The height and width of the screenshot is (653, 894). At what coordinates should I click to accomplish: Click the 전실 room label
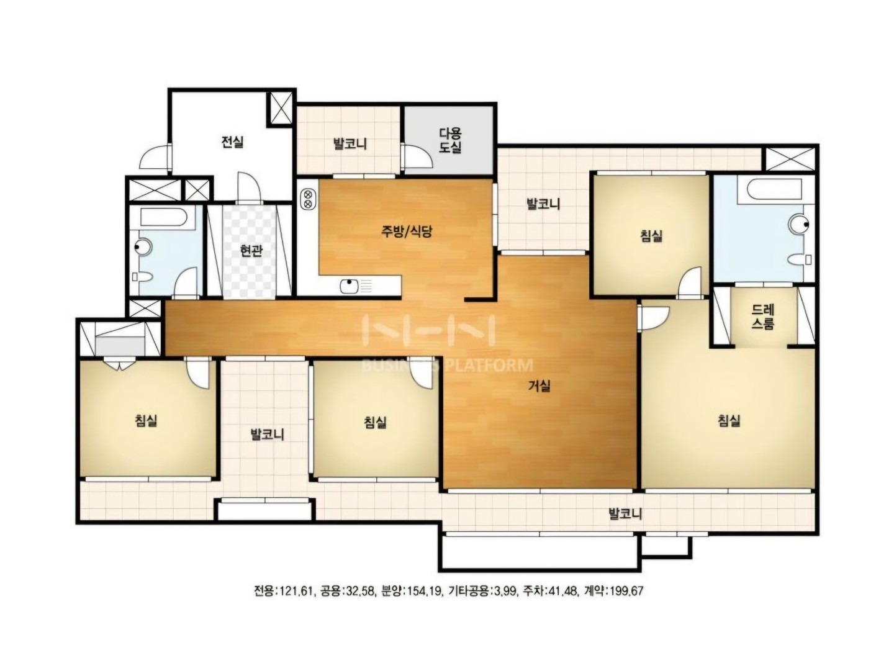click(232, 142)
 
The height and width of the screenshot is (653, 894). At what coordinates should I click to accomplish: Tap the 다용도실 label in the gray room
click(450, 140)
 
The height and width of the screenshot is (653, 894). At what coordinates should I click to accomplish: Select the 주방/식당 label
click(406, 232)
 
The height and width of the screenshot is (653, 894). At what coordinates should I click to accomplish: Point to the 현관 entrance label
click(251, 251)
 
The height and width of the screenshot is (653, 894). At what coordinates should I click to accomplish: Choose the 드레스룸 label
click(763, 317)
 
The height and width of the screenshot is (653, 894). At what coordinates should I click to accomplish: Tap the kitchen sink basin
click(349, 286)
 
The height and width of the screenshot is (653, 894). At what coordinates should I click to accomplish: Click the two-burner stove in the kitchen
click(308, 199)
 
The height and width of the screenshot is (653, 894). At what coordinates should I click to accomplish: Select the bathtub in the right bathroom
click(769, 191)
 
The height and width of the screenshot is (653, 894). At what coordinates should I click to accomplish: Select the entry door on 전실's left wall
click(156, 156)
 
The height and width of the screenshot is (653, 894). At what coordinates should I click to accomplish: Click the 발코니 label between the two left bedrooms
click(267, 435)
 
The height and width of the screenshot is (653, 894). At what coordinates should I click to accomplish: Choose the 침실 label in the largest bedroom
click(729, 420)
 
